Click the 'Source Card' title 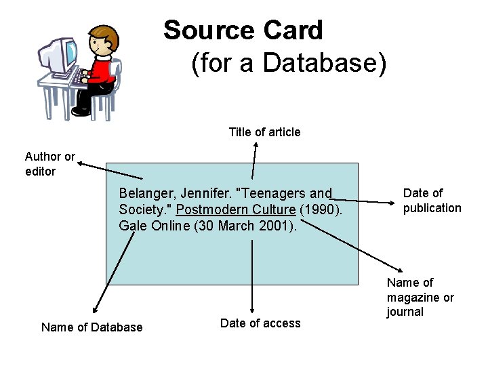[243, 30]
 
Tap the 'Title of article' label [264, 132]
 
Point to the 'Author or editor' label [50, 164]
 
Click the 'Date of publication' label [432, 201]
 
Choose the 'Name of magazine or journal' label [420, 297]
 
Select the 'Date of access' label [260, 323]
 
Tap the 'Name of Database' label [92, 327]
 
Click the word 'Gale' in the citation [133, 226]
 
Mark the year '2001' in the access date [274, 226]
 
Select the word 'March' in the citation [237, 226]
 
